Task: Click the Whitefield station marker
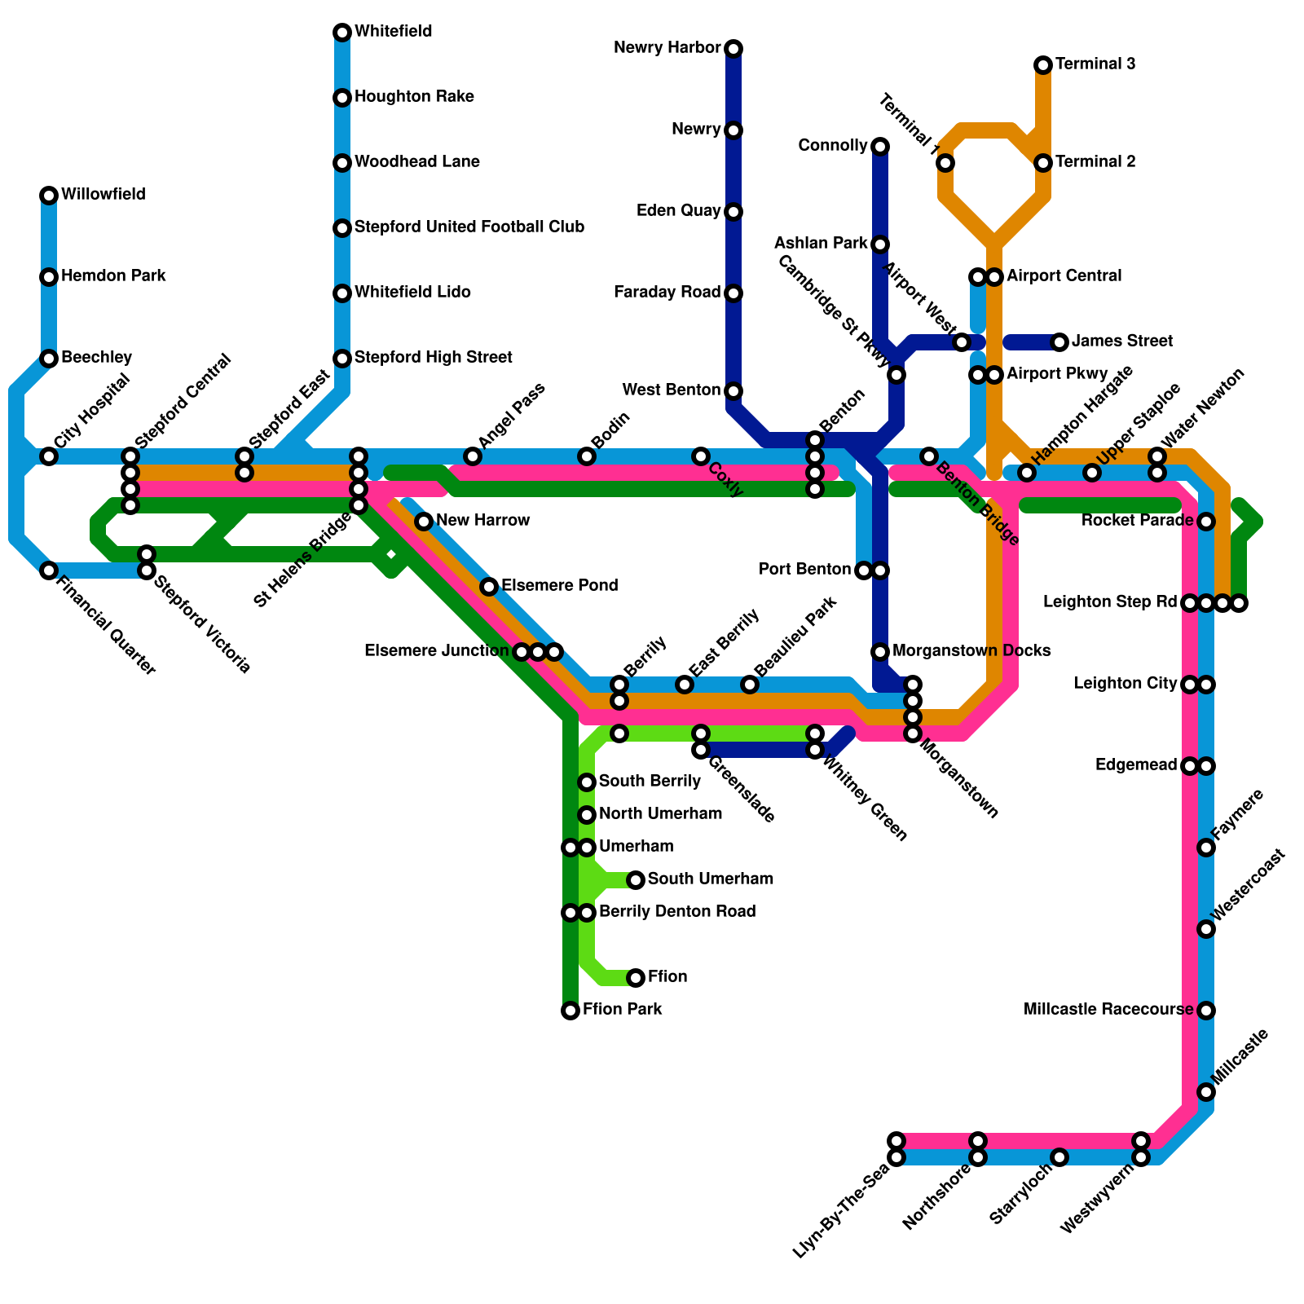point(342,33)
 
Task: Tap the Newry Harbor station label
point(667,48)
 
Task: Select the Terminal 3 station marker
point(1043,65)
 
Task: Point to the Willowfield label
point(104,195)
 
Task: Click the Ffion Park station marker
point(570,1011)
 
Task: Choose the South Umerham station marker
point(636,880)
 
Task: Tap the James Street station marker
point(1059,342)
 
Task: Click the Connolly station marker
point(880,147)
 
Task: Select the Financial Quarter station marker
point(49,570)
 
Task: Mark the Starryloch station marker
point(1059,1157)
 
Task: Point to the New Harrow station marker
point(424,522)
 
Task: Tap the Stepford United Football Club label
point(469,227)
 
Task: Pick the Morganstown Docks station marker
point(880,652)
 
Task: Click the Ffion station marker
point(636,978)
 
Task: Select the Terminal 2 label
point(1095,162)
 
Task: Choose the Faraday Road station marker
point(733,293)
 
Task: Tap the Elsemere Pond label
point(560,586)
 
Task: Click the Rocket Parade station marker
point(1206,522)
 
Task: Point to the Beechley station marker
point(49,359)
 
